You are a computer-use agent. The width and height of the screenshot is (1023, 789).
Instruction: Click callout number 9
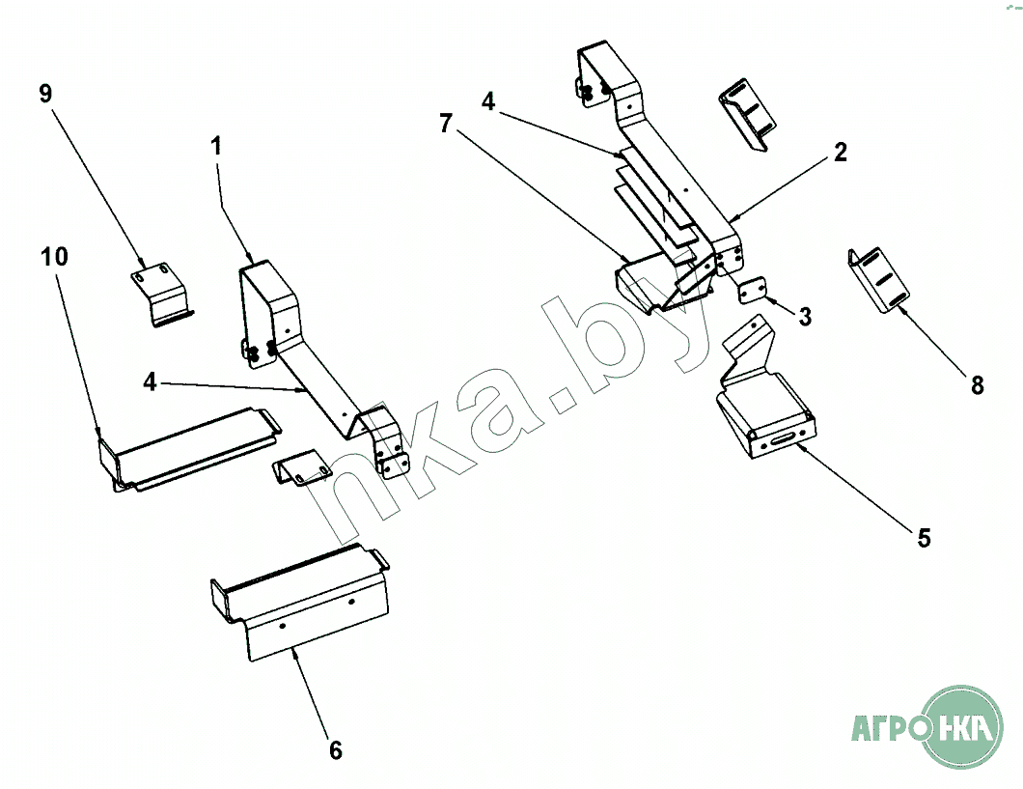[x=45, y=94]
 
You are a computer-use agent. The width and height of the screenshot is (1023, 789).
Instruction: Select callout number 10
[x=54, y=257]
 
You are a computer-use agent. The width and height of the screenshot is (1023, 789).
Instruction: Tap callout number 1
[x=216, y=146]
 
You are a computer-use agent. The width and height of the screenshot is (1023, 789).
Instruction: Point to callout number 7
[x=446, y=124]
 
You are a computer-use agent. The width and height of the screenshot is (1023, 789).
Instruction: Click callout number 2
[x=841, y=152]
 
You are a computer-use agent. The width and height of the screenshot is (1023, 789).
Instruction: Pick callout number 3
[x=805, y=317]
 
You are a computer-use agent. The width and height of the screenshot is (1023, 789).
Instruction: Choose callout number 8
[x=977, y=385]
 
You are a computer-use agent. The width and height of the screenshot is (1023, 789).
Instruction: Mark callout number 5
[x=924, y=538]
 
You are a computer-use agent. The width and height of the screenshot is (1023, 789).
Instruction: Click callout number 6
[x=335, y=750]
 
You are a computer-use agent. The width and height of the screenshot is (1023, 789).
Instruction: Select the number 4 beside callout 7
[x=488, y=101]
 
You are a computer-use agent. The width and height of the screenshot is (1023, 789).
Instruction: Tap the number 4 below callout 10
[x=150, y=381]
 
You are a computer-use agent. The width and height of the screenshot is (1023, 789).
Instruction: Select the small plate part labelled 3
[x=753, y=289]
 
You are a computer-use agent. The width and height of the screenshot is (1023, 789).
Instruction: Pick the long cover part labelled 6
[x=300, y=602]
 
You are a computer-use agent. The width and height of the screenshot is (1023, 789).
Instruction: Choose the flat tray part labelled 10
[x=189, y=450]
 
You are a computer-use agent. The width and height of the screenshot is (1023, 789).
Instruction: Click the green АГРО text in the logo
[x=893, y=727]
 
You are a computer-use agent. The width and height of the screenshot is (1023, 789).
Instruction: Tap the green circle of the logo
[x=963, y=726]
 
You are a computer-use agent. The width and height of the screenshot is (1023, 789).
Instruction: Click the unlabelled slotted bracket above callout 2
[x=747, y=114]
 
